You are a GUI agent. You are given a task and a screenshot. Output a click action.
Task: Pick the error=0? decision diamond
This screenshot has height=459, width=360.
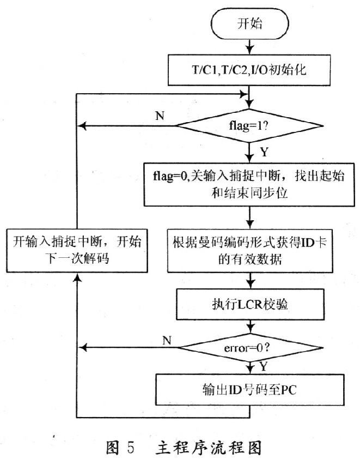[x=249, y=346]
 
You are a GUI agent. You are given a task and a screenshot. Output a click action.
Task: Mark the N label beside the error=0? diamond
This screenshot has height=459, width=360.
[x=168, y=340]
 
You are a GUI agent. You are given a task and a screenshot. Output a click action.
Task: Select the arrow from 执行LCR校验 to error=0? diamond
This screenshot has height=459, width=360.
[x=249, y=325]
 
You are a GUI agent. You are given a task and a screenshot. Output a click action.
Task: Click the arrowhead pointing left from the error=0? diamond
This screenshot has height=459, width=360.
[x=82, y=346]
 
